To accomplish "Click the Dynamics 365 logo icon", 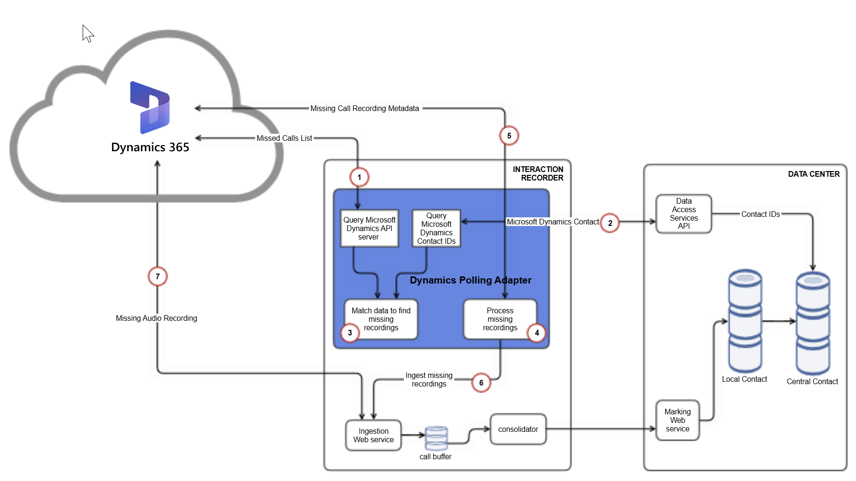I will point(150,108).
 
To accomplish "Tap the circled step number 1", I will point(359,177).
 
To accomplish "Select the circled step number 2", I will point(610,223).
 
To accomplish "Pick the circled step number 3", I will point(350,333).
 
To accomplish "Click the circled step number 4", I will point(537,333).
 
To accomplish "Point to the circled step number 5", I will point(509,136).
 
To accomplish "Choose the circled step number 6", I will point(481,383).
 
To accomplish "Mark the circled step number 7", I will point(157,276).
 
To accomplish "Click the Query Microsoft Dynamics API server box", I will point(369,228).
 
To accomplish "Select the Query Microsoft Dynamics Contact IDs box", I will point(436,228).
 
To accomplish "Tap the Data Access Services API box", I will point(684,214).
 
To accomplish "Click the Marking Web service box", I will point(677,420).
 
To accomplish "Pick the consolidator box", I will point(518,429).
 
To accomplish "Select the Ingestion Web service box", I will point(373,435).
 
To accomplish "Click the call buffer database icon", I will point(436,438).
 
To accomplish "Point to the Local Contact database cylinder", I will point(745,321).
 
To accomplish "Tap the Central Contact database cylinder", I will point(813,324).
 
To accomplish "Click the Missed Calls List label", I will point(284,138).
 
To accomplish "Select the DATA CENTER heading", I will point(813,174).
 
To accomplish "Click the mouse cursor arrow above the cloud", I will point(87,33).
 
